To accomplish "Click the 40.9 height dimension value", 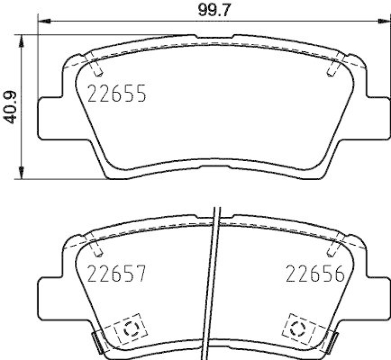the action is (10, 107).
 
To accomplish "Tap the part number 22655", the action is (117, 93).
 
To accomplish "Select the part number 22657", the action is (116, 273).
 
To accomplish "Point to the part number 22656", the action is (315, 274).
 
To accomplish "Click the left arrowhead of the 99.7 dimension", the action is (44, 21).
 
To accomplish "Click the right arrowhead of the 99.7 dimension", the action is (384, 21).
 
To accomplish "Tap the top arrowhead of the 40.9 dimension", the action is (22, 41).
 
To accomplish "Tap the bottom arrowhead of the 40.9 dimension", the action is (22, 172).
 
